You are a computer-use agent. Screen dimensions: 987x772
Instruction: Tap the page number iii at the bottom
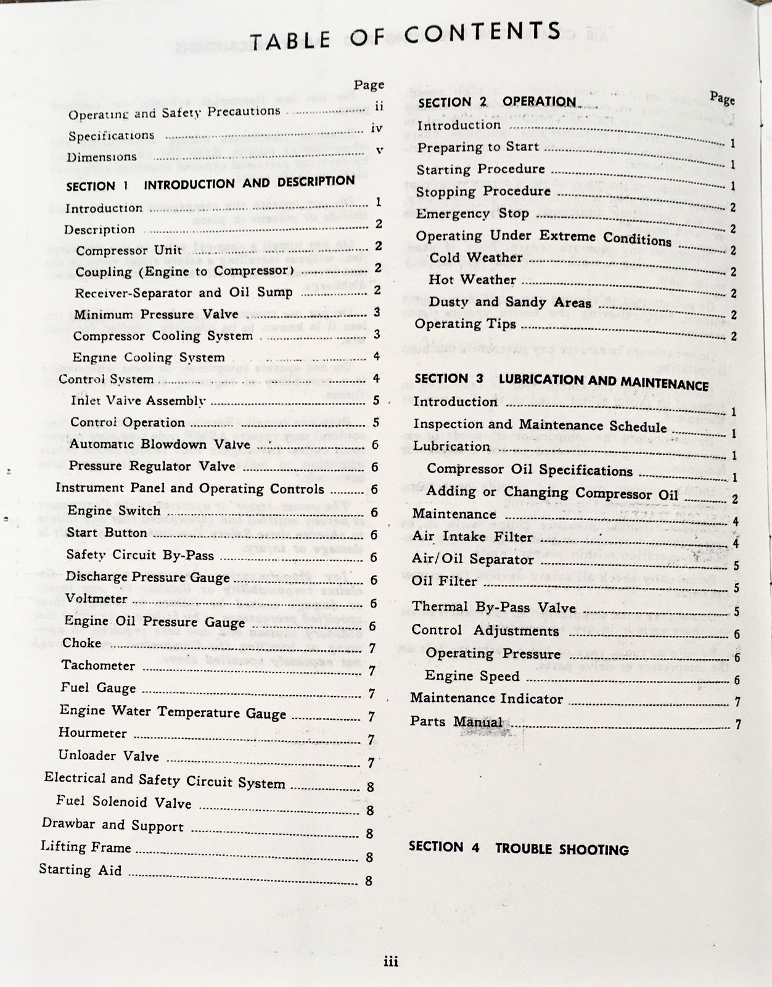(x=390, y=961)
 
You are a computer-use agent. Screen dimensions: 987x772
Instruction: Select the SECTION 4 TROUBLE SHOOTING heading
(x=518, y=848)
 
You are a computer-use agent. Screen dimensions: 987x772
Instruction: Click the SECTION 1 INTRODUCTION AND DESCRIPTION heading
(x=210, y=184)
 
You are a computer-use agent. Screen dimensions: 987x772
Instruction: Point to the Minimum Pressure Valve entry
(x=156, y=315)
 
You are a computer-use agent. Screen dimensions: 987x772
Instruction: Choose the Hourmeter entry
(x=92, y=733)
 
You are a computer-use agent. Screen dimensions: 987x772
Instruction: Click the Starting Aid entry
(x=80, y=870)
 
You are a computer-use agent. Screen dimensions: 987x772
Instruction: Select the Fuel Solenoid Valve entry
(x=123, y=802)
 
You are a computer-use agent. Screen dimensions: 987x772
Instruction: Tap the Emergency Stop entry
(x=472, y=213)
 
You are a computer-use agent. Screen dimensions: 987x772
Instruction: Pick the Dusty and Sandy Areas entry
(x=510, y=302)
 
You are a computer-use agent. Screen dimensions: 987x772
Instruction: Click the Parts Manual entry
(x=456, y=722)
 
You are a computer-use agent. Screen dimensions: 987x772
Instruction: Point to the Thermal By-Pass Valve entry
(x=493, y=607)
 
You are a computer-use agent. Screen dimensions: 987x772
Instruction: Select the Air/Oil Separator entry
(x=472, y=560)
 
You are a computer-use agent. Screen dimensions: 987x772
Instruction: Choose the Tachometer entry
(x=98, y=665)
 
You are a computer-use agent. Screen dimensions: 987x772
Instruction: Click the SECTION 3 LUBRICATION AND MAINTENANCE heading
(x=561, y=382)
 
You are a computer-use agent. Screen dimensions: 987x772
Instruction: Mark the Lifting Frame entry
(x=86, y=847)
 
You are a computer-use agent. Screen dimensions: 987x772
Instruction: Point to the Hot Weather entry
(x=472, y=279)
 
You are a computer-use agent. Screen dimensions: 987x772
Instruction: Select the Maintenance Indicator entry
(x=486, y=698)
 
